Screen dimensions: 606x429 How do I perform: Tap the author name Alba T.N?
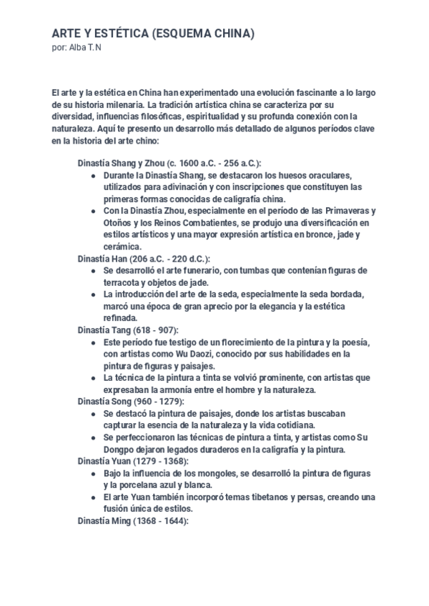(x=87, y=47)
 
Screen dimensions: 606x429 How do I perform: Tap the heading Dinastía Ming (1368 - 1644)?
(x=134, y=522)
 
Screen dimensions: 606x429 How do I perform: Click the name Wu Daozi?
(x=206, y=354)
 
